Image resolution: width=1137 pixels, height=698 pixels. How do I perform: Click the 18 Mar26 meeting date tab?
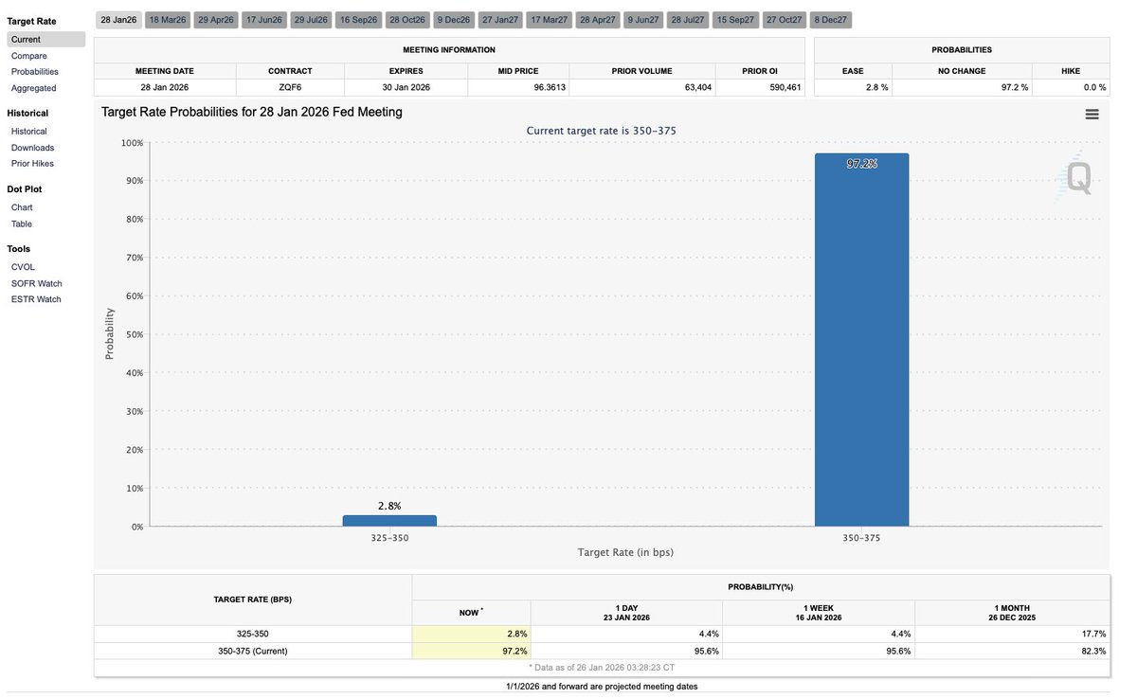click(x=168, y=20)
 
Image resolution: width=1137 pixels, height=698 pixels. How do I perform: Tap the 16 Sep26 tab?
click(x=358, y=20)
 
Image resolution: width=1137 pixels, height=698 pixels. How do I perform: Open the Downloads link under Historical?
click(x=32, y=148)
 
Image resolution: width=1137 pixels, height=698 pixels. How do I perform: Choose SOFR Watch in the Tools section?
click(x=36, y=283)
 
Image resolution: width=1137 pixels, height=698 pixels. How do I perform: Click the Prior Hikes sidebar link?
click(x=32, y=164)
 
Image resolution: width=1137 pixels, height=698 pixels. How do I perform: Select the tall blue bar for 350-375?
click(x=861, y=341)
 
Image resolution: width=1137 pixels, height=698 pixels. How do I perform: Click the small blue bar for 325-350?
click(x=389, y=520)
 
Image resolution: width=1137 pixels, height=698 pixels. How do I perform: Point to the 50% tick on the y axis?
click(x=132, y=334)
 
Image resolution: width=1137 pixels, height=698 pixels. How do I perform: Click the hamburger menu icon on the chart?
click(x=1092, y=115)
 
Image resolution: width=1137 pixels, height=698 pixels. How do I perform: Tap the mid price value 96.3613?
click(x=544, y=87)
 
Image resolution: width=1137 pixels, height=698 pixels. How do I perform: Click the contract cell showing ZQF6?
click(x=290, y=87)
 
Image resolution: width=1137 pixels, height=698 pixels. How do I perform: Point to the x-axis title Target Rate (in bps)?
click(x=624, y=552)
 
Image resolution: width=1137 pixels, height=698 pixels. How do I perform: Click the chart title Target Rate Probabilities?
click(x=252, y=112)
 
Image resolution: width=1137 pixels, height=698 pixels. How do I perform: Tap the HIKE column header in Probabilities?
click(x=1069, y=71)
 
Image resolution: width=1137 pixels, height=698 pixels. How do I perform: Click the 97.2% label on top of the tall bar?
click(x=861, y=164)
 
